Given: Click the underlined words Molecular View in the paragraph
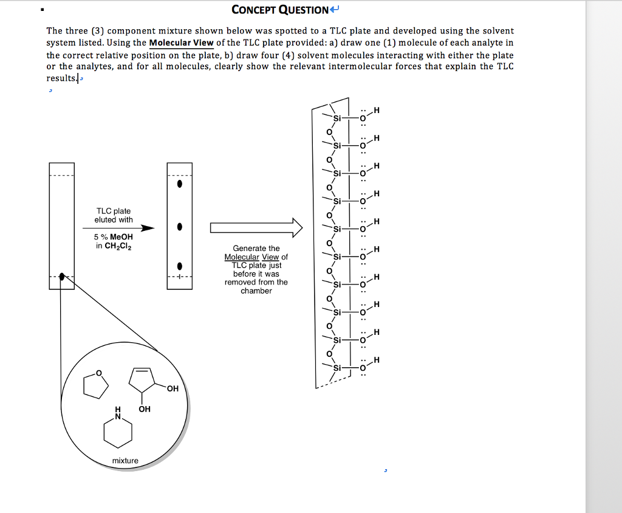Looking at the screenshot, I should coord(181,43).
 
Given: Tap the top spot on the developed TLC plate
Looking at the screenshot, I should coord(179,184).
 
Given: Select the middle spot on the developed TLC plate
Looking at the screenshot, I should coord(179,227).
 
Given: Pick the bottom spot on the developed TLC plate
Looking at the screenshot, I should coord(179,266).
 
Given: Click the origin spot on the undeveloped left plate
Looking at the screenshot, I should coord(62,277).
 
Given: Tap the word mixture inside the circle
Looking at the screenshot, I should coord(125,461).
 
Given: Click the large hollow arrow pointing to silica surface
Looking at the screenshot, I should coord(256,227).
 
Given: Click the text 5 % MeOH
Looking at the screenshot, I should coord(114,237).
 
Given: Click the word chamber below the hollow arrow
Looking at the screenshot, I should coord(256,291).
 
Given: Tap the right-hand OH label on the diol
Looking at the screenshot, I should coord(173,389).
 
